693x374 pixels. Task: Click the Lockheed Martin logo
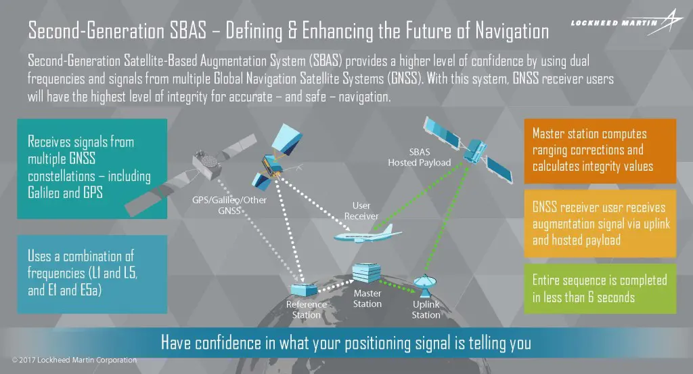point(619,22)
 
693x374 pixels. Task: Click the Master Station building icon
point(366,272)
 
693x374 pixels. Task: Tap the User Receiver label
point(361,211)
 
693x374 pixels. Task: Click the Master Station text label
point(367,299)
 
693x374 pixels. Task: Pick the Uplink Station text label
point(426,310)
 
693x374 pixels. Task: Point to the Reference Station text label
point(306,309)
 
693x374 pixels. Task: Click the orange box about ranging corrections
point(600,150)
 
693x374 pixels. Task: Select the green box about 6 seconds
point(600,288)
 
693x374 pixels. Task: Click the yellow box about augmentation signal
point(600,224)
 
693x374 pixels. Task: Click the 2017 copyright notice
point(74,360)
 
